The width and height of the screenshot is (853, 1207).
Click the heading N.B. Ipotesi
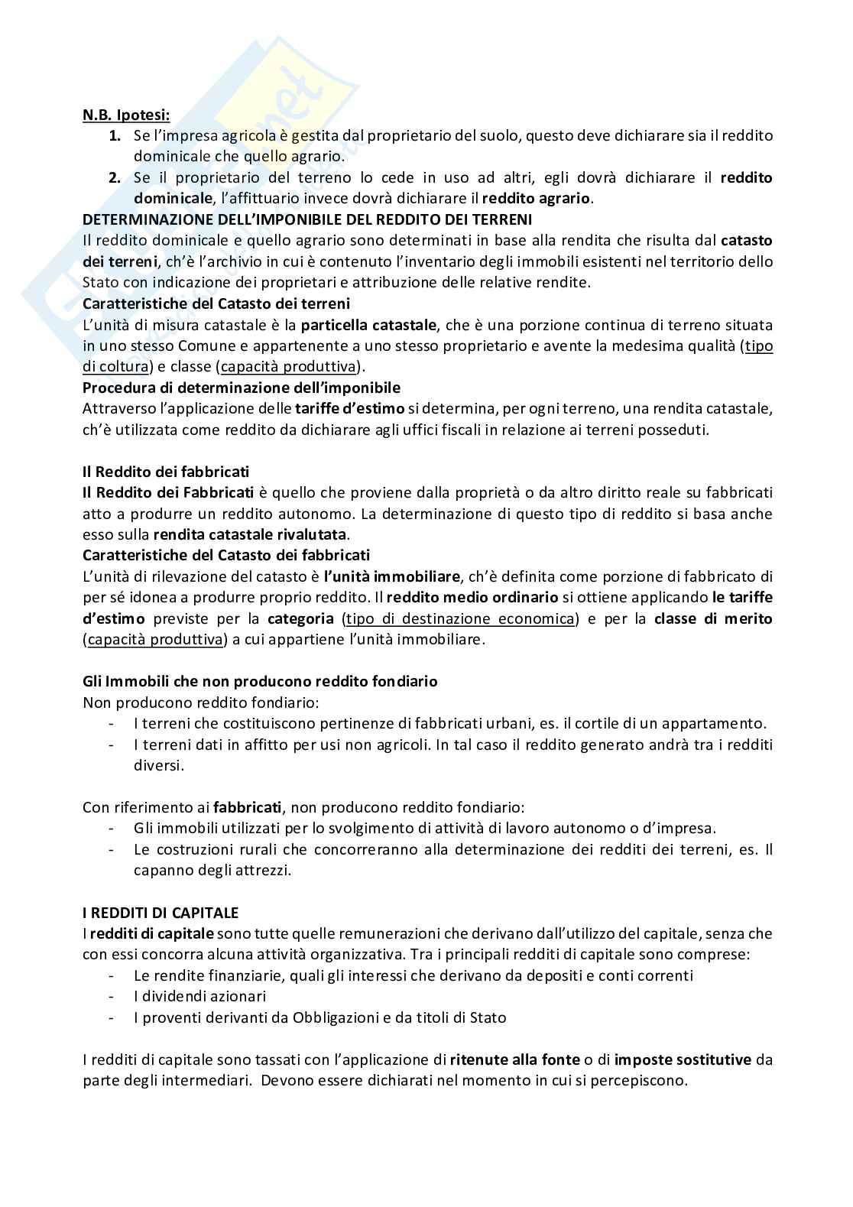click(x=126, y=115)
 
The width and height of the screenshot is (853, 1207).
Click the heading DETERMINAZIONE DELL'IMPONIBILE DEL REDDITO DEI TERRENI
click(x=306, y=219)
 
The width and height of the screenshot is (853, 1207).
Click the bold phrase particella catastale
click(x=368, y=325)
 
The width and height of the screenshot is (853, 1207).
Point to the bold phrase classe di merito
click(x=713, y=618)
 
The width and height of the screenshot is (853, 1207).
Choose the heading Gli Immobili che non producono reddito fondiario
click(x=259, y=681)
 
